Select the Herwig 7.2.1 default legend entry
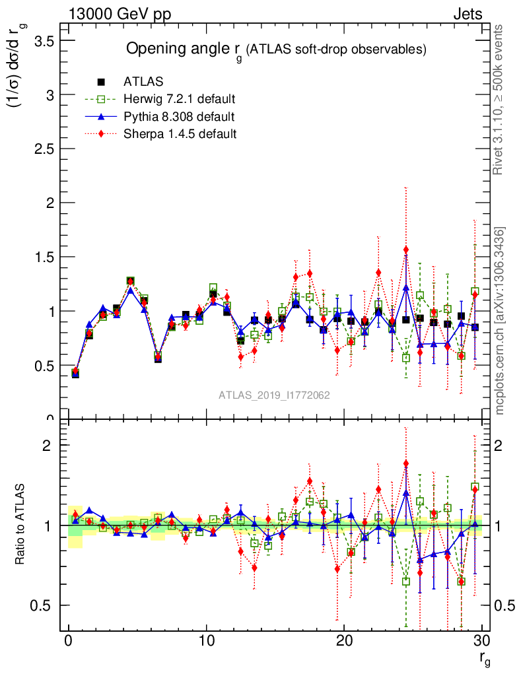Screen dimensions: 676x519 180,100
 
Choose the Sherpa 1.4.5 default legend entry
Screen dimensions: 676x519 180,134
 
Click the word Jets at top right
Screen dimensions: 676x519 467,14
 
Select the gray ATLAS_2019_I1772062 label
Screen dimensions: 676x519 274,395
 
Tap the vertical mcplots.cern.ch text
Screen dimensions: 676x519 501,321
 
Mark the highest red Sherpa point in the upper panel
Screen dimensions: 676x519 406,250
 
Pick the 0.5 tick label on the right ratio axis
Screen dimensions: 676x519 502,605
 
